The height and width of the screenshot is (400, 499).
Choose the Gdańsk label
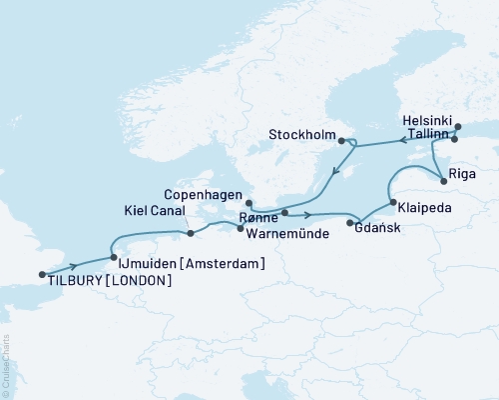point(372,227)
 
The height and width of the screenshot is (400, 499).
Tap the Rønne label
point(258,217)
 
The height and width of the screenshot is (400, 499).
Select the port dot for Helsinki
point(458,127)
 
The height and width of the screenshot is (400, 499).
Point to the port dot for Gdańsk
point(349,223)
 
